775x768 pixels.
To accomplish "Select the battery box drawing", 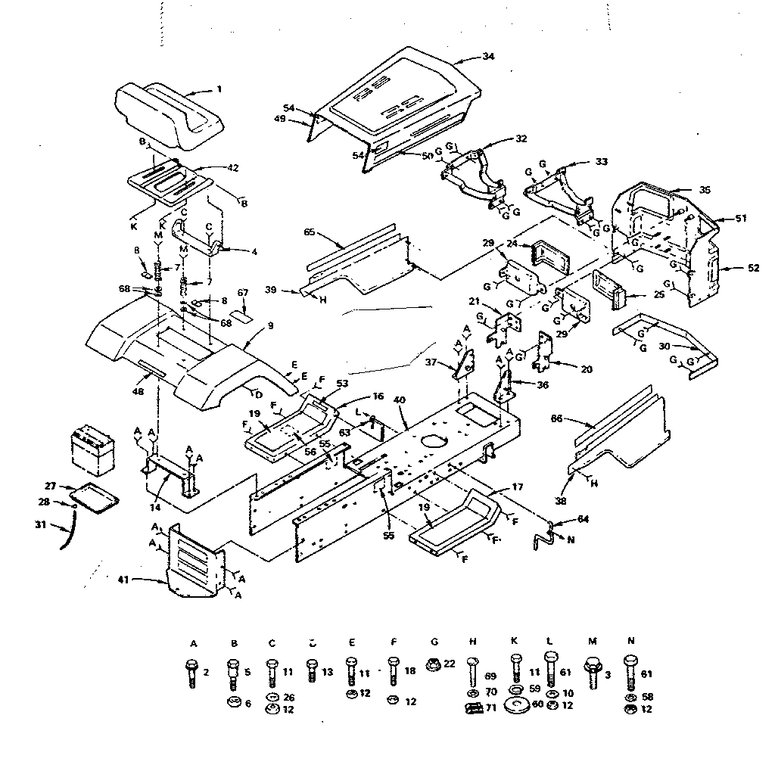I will click(92, 450).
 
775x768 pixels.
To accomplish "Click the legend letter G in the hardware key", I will click(431, 642).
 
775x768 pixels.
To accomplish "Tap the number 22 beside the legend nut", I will click(450, 663).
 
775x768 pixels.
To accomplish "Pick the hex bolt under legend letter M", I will click(591, 670).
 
